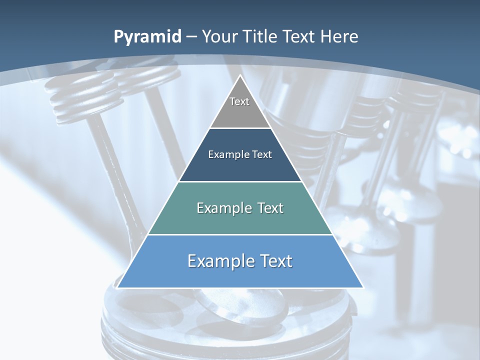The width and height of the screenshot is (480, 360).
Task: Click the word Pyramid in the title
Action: [147, 37]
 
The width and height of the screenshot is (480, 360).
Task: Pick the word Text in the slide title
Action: [300, 36]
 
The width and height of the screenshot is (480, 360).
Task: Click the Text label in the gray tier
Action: [239, 101]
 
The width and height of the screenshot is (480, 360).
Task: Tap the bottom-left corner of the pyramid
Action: [117, 287]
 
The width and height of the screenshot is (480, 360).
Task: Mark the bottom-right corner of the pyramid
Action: [363, 287]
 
